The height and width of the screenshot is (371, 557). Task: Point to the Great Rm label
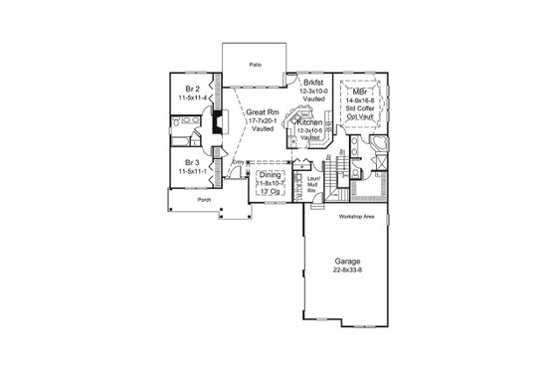[262, 112]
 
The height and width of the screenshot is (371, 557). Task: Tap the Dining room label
[271, 175]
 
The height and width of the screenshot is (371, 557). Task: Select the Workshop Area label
[356, 216]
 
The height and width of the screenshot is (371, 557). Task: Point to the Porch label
[204, 199]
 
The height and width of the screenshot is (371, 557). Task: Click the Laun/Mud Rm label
[312, 180]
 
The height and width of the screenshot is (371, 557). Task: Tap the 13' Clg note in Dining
[270, 192]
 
